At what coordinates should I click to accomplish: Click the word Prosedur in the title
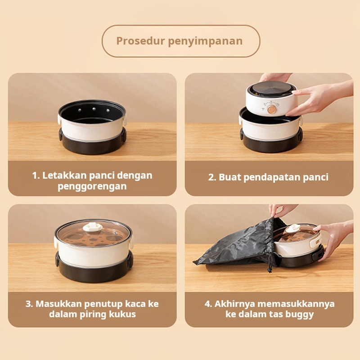(140, 41)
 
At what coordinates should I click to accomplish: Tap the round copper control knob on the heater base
(272, 109)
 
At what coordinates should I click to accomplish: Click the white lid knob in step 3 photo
(93, 227)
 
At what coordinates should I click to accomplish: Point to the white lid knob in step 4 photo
(293, 228)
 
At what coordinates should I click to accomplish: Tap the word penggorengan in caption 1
(92, 187)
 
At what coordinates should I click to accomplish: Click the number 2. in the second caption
(212, 177)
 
